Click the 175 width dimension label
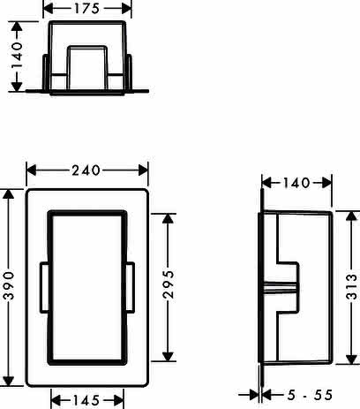click(x=86, y=9)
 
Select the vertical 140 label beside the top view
click(x=17, y=56)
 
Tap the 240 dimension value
click(x=86, y=170)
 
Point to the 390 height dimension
click(x=9, y=286)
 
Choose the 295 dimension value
click(x=169, y=284)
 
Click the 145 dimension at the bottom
click(x=86, y=400)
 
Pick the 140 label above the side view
click(x=296, y=183)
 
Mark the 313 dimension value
click(x=352, y=286)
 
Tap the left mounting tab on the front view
click(x=44, y=287)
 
